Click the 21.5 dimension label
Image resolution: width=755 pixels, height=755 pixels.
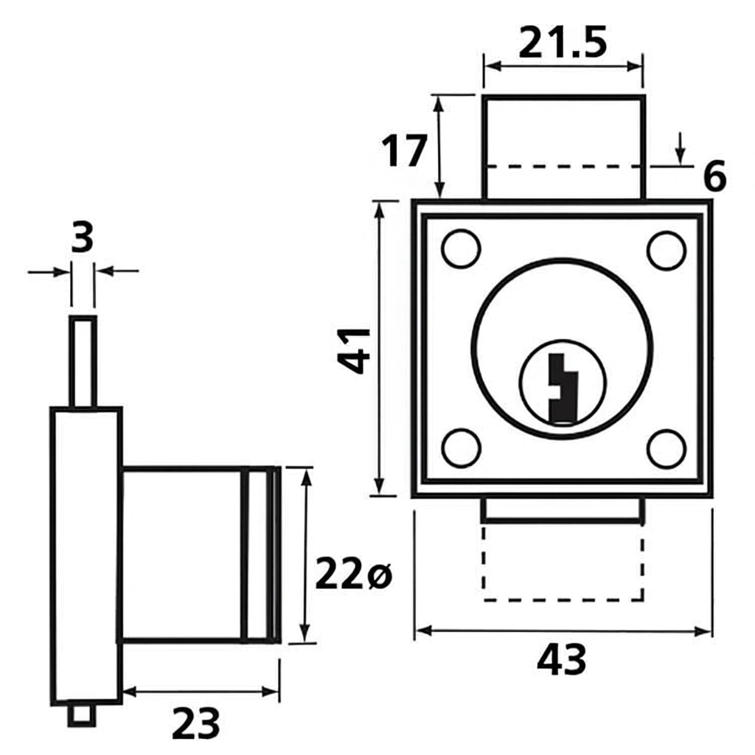click(563, 42)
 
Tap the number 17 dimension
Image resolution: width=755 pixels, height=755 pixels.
click(404, 151)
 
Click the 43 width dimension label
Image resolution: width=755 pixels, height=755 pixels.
click(562, 660)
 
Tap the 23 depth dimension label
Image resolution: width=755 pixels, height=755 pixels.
click(196, 723)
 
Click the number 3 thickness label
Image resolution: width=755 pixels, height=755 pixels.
click(83, 238)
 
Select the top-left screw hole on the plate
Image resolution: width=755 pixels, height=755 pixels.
click(461, 249)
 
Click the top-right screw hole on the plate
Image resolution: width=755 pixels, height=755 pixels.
click(666, 250)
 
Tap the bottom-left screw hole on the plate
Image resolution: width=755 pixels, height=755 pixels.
click(462, 447)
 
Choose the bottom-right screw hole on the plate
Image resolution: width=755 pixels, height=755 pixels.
click(666, 447)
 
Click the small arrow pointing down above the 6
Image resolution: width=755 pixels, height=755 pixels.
click(680, 148)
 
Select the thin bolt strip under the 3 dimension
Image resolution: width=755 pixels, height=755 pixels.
click(83, 361)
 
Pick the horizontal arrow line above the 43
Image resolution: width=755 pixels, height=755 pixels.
click(563, 631)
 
